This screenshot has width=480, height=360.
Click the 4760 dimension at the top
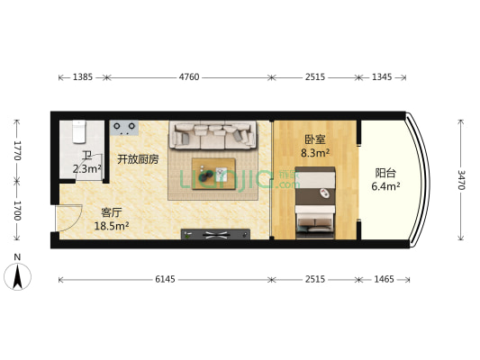pos(188,77)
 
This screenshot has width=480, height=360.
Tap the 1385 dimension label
pos(82,77)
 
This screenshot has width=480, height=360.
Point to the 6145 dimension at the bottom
pos(164,280)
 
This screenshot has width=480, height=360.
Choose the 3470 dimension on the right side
pos(462,179)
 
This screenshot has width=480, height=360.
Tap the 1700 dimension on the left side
pos(15,211)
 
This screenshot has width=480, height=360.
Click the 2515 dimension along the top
pos(315,77)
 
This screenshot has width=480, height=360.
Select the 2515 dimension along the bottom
pos(315,280)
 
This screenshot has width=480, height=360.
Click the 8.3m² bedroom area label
pos(314,154)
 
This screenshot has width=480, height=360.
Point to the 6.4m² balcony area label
pos(385,187)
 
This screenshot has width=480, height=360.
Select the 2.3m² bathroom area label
pos(86,168)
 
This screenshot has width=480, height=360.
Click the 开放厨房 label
pos(138,159)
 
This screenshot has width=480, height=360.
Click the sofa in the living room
pos(214,135)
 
